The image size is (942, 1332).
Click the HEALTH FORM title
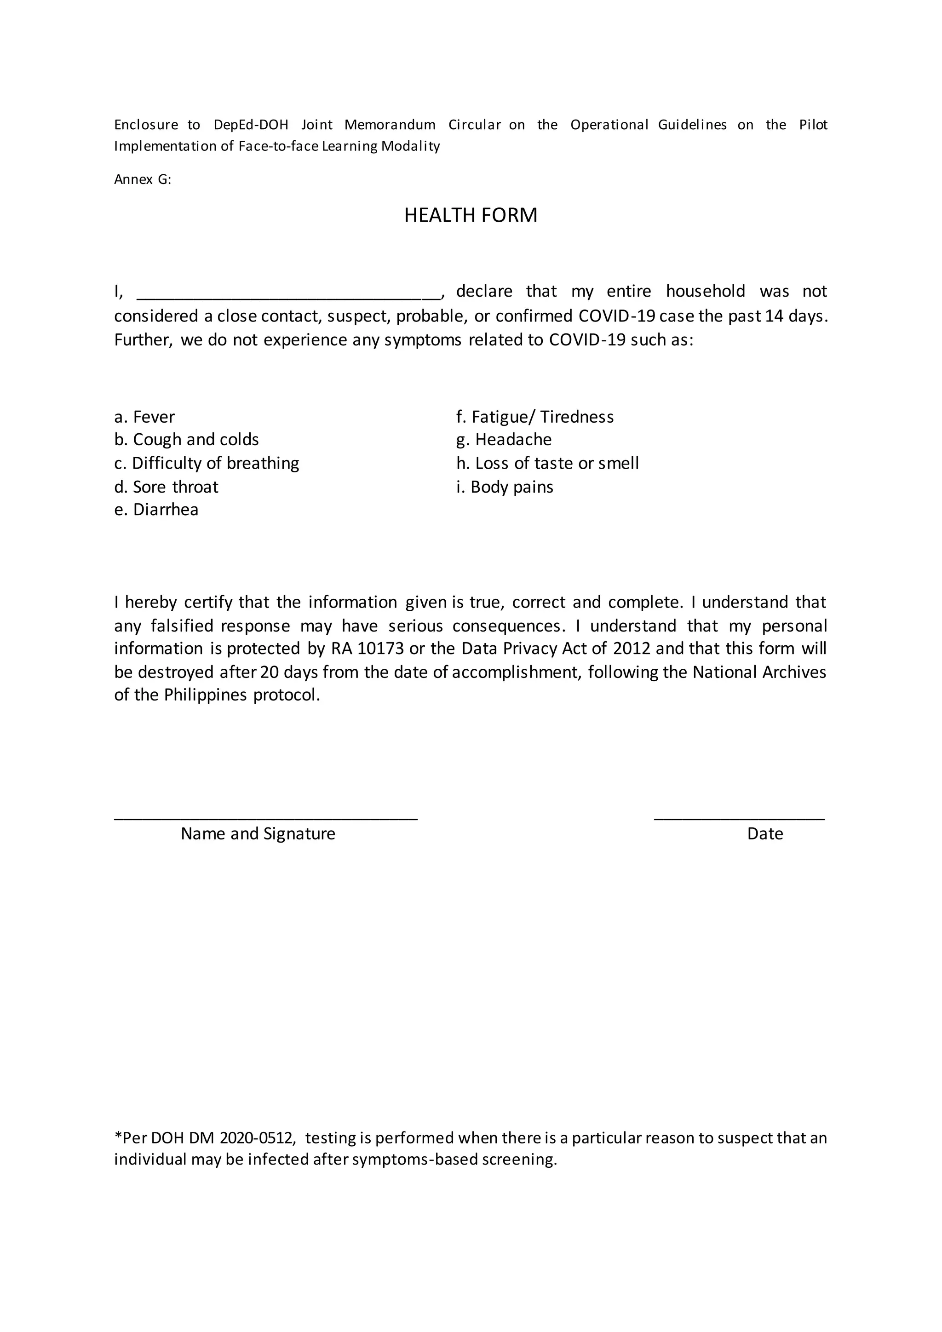pyautogui.click(x=471, y=215)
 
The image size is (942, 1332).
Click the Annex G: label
pyautogui.click(x=143, y=179)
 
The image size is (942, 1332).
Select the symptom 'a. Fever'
pyautogui.click(x=144, y=417)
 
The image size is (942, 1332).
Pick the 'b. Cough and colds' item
pyautogui.click(x=186, y=440)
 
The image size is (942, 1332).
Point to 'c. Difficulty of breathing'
pyautogui.click(x=207, y=463)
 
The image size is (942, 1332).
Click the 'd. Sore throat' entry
pyautogui.click(x=166, y=486)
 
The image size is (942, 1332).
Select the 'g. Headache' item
pyautogui.click(x=504, y=440)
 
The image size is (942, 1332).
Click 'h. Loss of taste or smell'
pyautogui.click(x=547, y=463)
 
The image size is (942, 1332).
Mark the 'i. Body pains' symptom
pyautogui.click(x=504, y=486)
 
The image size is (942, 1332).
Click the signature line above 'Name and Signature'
pyautogui.click(x=266, y=817)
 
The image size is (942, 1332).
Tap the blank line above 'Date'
pyautogui.click(x=739, y=817)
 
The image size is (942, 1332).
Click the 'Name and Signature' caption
pyautogui.click(x=258, y=834)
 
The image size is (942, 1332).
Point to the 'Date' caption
pyautogui.click(x=764, y=834)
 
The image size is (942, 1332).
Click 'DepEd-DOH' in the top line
pyautogui.click(x=251, y=125)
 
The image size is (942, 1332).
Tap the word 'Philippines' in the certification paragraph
pyautogui.click(x=205, y=695)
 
